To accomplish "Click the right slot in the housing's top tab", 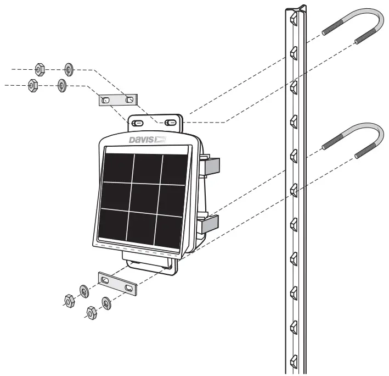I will click(x=171, y=121).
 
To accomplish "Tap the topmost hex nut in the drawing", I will click(x=39, y=69).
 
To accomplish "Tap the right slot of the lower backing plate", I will click(x=129, y=287).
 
